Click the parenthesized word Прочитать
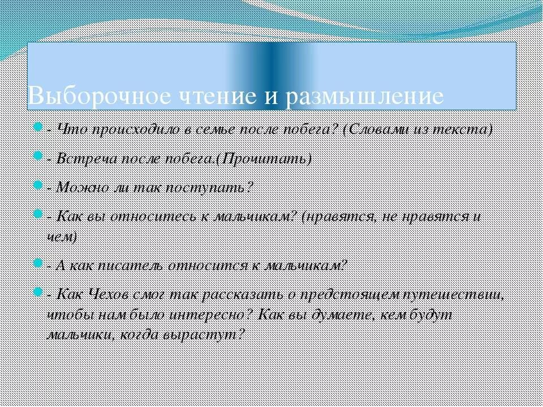tap(265, 158)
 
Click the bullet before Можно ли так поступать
tap(38, 185)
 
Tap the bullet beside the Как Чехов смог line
tap(38, 293)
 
